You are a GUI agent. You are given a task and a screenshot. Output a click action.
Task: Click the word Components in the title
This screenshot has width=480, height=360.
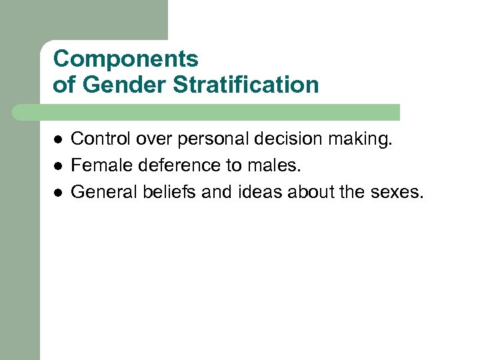125,59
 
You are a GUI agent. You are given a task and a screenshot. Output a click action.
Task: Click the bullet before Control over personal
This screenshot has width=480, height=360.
58,139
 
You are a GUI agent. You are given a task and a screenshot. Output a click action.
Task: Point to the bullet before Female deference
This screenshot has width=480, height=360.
58,165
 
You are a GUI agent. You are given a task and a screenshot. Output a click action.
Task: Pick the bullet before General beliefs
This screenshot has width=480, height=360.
58,192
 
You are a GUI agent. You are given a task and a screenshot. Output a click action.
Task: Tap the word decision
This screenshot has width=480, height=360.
286,139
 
